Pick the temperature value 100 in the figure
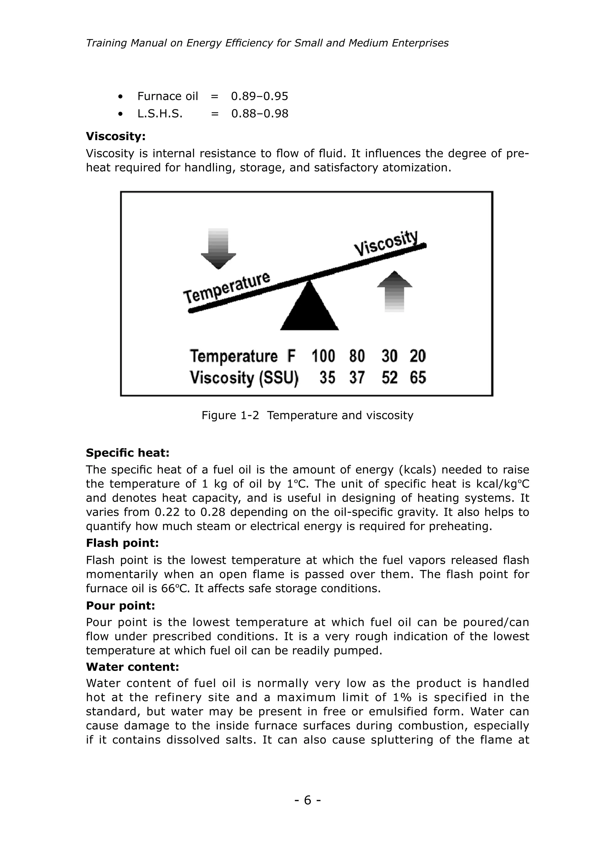[323, 356]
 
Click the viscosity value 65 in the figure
[418, 378]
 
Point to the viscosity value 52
[389, 378]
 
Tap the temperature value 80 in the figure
[357, 356]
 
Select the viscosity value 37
[357, 378]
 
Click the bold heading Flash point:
[122, 543]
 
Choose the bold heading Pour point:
[120, 606]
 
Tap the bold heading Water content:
[132, 667]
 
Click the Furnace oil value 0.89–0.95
[259, 96]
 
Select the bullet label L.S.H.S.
[160, 114]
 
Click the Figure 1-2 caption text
[307, 415]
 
